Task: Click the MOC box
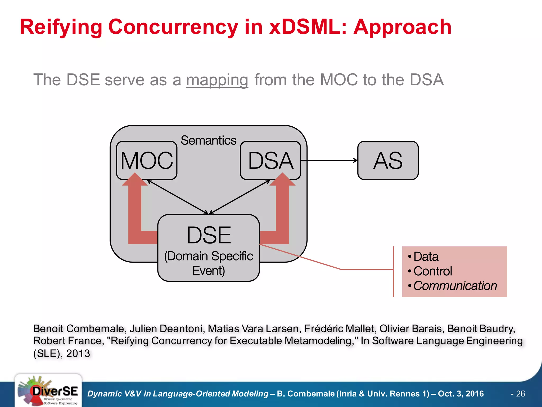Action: pos(147,160)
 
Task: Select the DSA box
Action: pos(270,160)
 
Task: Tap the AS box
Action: pos(388,160)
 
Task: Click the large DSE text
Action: pos(209,235)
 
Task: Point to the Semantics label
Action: pos(208,140)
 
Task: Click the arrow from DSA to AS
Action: pos(329,160)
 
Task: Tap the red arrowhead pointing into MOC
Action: pos(135,180)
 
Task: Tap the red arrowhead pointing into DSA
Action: pos(282,180)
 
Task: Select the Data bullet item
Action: pos(426,256)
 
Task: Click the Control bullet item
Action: pos(432,271)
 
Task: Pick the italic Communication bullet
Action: pos(455,286)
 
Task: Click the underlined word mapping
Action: pos(217,80)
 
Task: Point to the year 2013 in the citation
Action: pos(78,353)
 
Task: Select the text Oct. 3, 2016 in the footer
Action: pos(461,393)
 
